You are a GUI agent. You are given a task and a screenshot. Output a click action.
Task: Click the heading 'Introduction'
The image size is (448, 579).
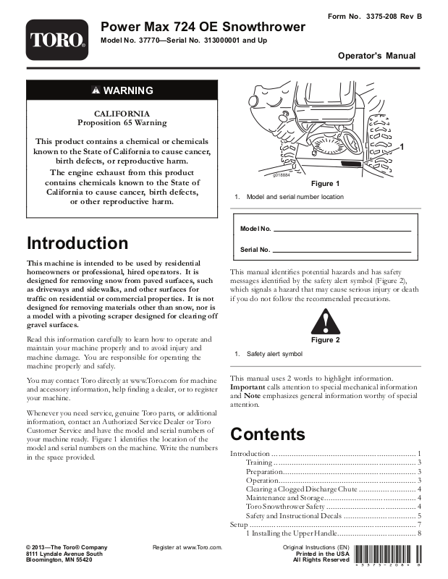click(77, 243)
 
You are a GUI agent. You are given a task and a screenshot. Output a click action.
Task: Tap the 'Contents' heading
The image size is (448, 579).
click(268, 434)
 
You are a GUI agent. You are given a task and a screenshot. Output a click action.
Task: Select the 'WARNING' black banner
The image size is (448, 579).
click(122, 90)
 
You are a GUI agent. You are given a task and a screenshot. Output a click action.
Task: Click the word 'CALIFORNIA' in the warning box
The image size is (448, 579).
click(122, 114)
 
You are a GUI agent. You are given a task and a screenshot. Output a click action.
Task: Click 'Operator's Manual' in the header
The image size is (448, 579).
click(376, 56)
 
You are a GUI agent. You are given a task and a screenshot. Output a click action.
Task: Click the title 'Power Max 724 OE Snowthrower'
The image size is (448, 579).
click(203, 27)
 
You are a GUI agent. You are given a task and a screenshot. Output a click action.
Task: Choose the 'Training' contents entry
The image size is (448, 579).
click(259, 462)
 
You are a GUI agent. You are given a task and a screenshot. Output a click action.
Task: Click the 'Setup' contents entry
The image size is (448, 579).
click(239, 524)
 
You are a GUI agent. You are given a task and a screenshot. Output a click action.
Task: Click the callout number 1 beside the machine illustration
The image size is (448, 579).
click(400, 147)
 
